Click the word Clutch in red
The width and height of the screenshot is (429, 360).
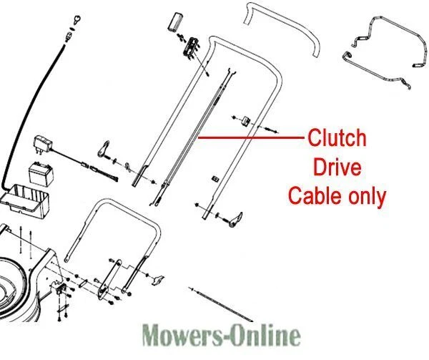pos(337,138)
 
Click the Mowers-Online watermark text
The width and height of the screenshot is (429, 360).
pos(221,335)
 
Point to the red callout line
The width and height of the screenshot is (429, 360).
pos(251,137)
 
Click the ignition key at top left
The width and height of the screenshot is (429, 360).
pos(77,20)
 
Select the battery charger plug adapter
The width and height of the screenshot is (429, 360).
pos(43,144)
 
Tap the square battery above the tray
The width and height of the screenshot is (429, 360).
pos(41,174)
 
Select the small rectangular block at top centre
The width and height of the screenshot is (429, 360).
pos(175,21)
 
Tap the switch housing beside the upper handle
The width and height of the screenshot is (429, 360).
pos(192,46)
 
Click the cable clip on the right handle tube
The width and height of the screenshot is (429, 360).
pos(245,120)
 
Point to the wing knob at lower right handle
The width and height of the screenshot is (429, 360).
pos(236,220)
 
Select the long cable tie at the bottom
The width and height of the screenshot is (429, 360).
pos(221,304)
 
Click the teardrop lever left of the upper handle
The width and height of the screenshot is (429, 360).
pos(104,149)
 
